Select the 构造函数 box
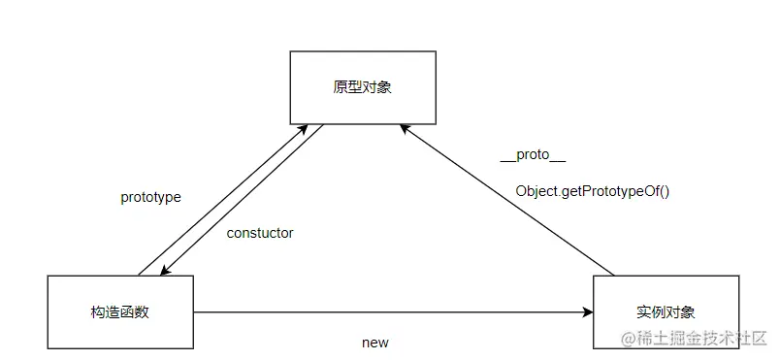tap(120, 312)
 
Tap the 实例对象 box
tap(666, 312)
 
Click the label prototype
tap(150, 197)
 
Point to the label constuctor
tap(260, 233)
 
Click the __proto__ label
tap(533, 155)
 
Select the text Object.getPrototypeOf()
tap(593, 191)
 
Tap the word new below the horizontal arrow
tap(374, 343)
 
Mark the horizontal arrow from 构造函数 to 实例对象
tap(388, 312)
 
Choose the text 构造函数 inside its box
tap(120, 312)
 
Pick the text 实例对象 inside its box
tap(666, 312)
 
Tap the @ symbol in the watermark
tap(629, 339)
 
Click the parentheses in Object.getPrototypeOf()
tap(664, 191)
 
